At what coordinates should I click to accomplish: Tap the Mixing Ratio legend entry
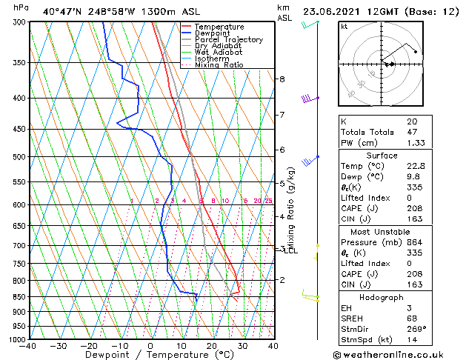(219, 65)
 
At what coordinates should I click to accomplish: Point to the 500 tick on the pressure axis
(18, 157)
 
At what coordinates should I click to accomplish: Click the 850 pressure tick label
(18, 297)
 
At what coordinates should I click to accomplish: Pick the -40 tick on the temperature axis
(29, 346)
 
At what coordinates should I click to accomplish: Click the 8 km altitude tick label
(282, 79)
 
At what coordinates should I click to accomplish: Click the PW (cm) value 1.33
(415, 143)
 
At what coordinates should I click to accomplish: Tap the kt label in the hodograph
(344, 27)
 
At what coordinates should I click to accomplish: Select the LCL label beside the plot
(290, 250)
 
